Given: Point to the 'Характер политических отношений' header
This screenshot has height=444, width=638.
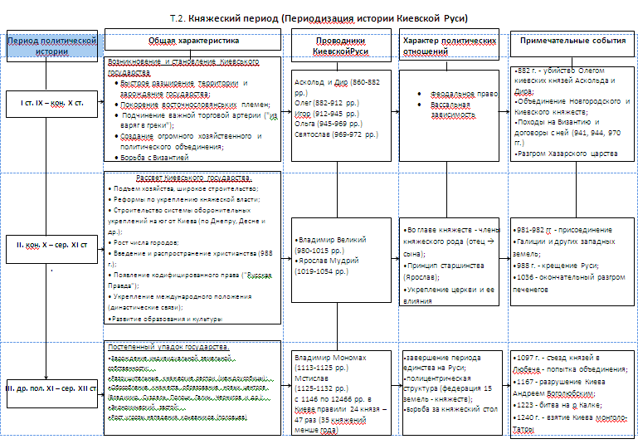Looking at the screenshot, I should tap(449, 45).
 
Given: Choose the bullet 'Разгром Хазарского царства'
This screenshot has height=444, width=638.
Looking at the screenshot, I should tap(565, 154).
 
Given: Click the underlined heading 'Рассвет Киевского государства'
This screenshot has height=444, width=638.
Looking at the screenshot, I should tap(193, 178).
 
